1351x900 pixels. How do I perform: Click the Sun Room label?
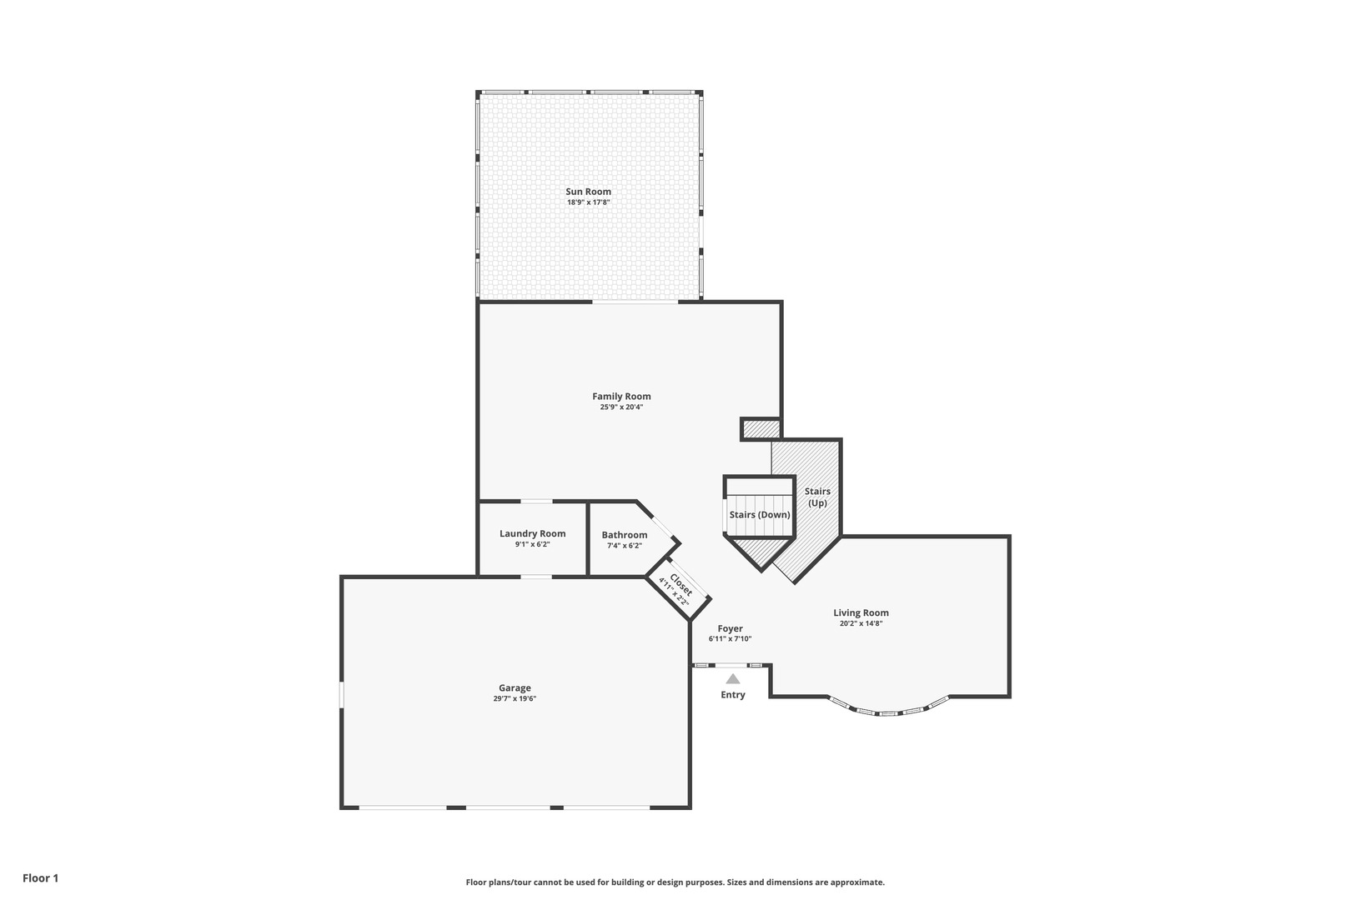pos(588,192)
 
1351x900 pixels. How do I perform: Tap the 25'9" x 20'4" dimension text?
pos(621,407)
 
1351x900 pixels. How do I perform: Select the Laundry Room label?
pos(532,534)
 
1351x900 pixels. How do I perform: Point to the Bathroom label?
pos(624,535)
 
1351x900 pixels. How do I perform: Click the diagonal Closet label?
pos(680,586)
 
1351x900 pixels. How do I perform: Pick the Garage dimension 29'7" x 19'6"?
pos(515,699)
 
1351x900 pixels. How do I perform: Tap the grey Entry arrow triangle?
pos(732,679)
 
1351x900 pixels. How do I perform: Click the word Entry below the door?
pos(732,695)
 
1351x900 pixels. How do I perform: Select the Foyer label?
pos(730,629)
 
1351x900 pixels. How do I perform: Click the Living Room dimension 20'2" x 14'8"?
pos(861,623)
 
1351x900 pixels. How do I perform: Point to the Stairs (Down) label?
pos(759,515)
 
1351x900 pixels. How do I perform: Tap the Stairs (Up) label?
pos(817,497)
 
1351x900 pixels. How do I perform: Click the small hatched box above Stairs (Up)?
pos(761,429)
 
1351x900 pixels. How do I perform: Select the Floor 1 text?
pos(40,878)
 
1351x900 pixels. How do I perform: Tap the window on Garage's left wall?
pos(341,695)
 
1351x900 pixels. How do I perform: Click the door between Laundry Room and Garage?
pos(535,576)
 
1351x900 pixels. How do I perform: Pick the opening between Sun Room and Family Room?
pos(635,302)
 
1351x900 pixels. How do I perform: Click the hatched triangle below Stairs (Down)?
pos(761,551)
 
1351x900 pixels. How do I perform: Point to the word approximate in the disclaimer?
pos(859,882)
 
